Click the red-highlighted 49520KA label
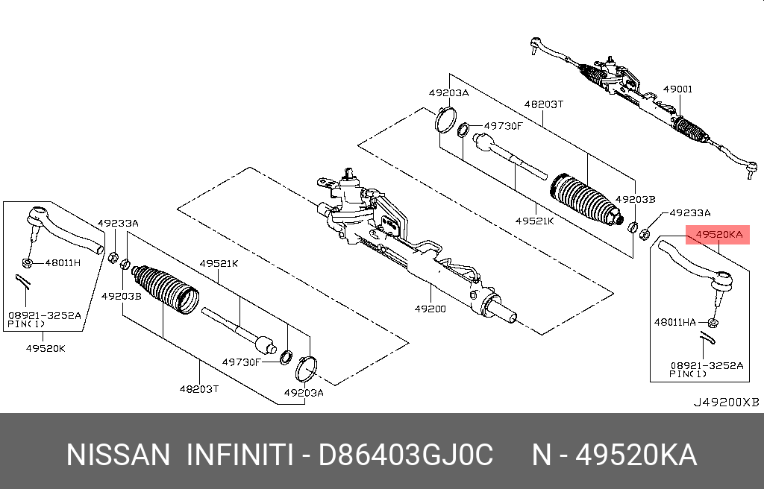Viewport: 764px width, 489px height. pyautogui.click(x=718, y=235)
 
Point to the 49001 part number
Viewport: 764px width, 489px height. pyautogui.click(x=677, y=89)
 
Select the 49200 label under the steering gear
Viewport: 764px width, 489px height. pyautogui.click(x=430, y=309)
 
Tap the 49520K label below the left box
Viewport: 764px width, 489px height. pyautogui.click(x=46, y=348)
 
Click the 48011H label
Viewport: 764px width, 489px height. pyautogui.click(x=63, y=263)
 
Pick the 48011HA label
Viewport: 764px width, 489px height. pyautogui.click(x=674, y=322)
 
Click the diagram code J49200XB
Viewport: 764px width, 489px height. pyautogui.click(x=727, y=403)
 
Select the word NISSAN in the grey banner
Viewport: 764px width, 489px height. pyautogui.click(x=118, y=455)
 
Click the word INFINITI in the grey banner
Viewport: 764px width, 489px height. pyautogui.click(x=240, y=455)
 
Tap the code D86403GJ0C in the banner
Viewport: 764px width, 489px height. pyautogui.click(x=406, y=455)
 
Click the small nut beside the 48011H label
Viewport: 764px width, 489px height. pyautogui.click(x=28, y=263)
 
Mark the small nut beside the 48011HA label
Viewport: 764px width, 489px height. pyautogui.click(x=713, y=323)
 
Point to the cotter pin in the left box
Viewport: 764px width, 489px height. pyautogui.click(x=22, y=281)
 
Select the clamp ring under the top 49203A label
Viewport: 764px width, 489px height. pyautogui.click(x=445, y=119)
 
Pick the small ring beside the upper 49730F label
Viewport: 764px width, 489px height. pyautogui.click(x=463, y=130)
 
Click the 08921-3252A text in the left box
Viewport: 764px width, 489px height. pyautogui.click(x=45, y=315)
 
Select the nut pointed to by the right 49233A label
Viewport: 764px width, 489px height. pyautogui.click(x=644, y=234)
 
